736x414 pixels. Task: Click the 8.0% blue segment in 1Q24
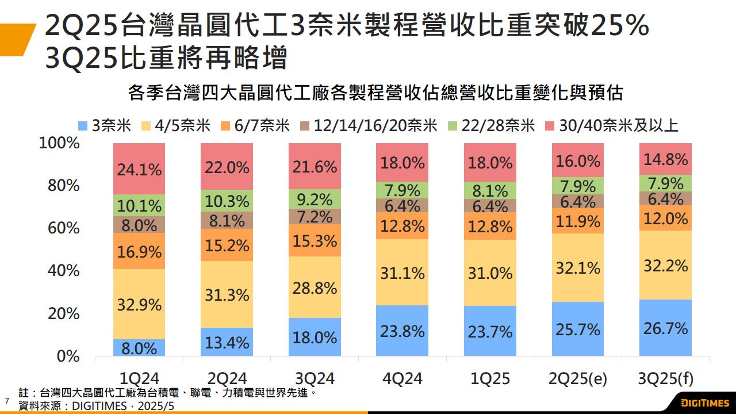[139, 348]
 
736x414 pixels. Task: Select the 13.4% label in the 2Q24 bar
[227, 343]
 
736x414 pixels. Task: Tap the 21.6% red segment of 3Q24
[315, 167]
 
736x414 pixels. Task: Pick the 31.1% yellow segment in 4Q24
[402, 273]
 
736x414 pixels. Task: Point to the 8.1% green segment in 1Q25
[489, 190]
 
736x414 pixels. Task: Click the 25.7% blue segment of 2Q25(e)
[578, 329]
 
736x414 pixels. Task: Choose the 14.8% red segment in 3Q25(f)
[665, 159]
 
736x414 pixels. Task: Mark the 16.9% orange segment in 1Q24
[139, 251]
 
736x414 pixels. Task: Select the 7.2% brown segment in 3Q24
[315, 217]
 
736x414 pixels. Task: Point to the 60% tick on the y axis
[59, 228]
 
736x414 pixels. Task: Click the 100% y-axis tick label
[59, 143]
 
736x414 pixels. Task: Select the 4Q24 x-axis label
[402, 378]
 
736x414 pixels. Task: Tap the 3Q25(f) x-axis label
[665, 378]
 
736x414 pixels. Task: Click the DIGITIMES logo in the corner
[704, 402]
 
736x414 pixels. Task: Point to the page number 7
[7, 400]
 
